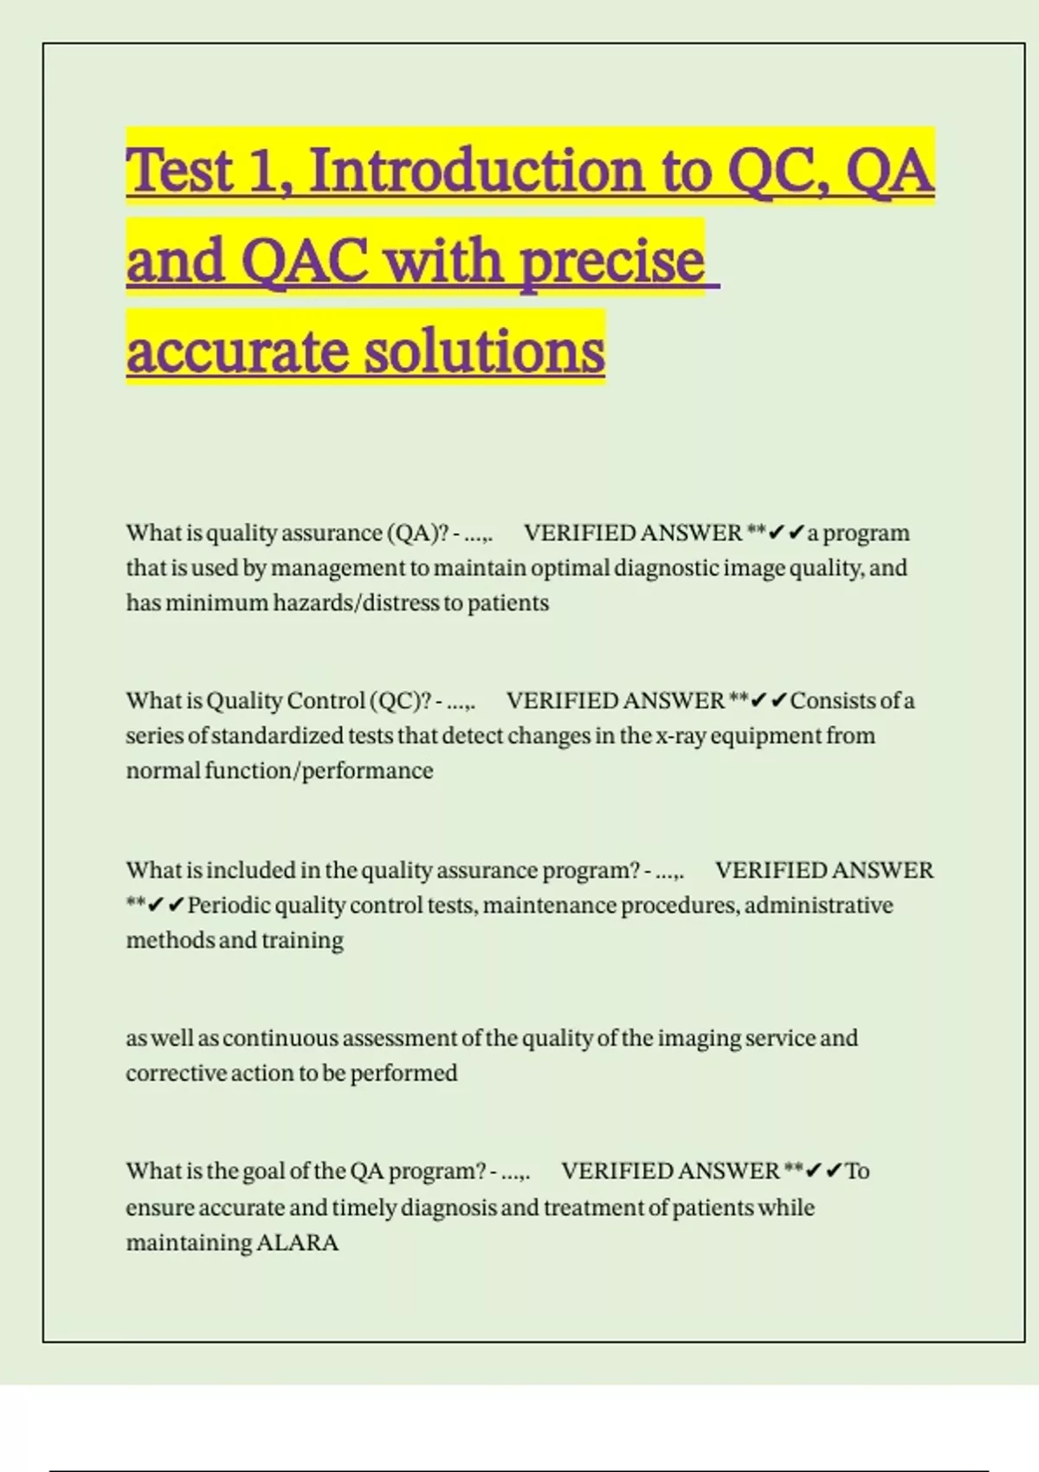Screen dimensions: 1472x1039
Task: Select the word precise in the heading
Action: tap(612, 261)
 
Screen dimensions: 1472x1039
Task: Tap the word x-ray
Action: tap(681, 736)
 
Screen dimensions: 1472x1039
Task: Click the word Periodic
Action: tap(229, 906)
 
